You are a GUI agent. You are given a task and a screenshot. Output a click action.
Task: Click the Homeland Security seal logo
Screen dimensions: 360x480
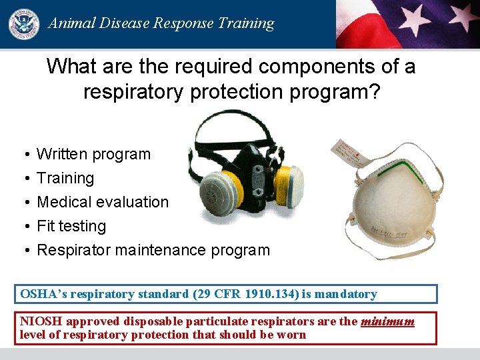tap(23, 24)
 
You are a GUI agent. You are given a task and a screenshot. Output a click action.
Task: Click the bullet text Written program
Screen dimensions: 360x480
tap(93, 154)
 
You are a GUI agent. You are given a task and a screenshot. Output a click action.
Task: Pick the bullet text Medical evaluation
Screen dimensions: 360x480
tap(103, 202)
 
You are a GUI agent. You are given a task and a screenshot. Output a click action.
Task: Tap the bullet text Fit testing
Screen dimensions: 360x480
tap(71, 226)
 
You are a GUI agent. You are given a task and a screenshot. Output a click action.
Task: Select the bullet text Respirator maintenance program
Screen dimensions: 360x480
tap(153, 250)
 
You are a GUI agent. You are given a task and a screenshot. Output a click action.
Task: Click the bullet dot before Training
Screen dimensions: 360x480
tap(25, 179)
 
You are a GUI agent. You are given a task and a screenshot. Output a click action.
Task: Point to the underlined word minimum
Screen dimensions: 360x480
tap(387, 321)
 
